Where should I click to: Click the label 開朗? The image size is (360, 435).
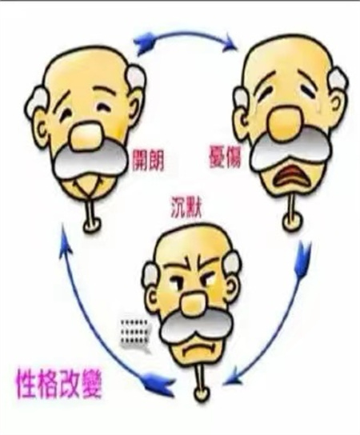point(147,161)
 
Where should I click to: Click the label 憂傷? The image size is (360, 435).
point(225,156)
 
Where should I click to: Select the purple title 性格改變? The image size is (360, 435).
point(59,383)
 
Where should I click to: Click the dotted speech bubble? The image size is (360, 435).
point(135,333)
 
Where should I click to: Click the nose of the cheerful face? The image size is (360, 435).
point(86,134)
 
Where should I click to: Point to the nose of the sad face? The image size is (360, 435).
point(285,122)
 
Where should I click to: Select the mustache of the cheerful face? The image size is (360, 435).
point(90,162)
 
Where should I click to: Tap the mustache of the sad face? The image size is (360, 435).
point(290,150)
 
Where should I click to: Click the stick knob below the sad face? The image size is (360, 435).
point(292,221)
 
